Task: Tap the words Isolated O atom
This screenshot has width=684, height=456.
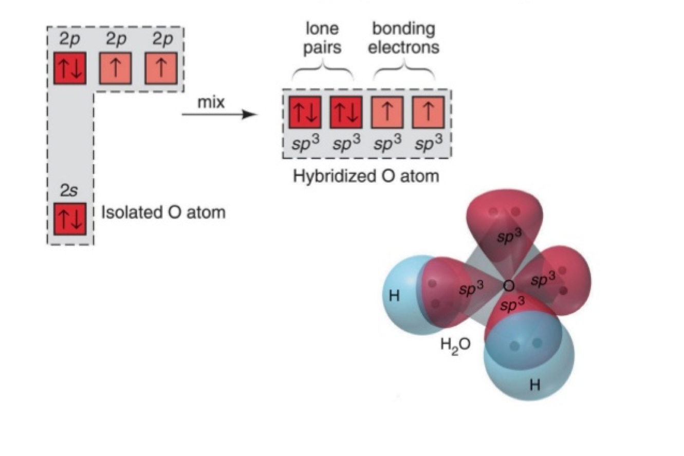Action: coord(163,212)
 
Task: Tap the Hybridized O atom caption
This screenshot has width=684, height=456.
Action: coord(366,176)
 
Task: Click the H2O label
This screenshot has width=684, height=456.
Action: coord(455,344)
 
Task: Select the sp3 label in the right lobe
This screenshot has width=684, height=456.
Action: coord(543,280)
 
